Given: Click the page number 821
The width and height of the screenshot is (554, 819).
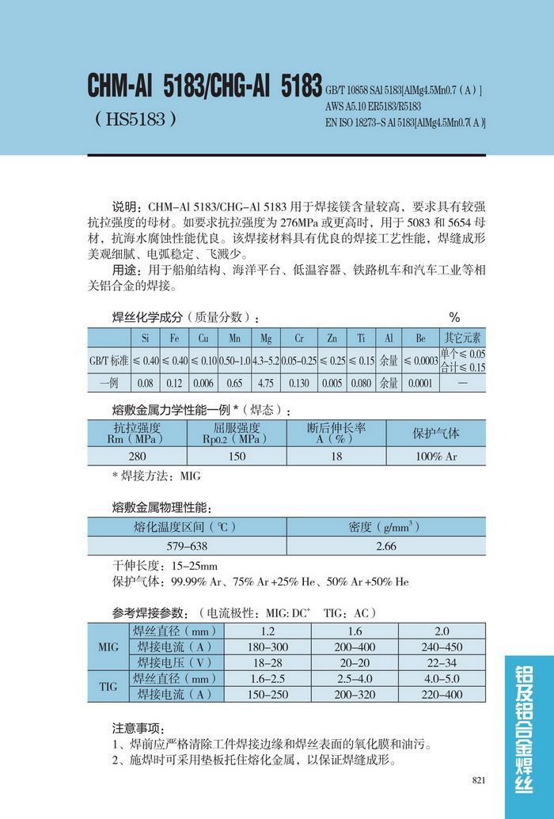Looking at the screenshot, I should [478, 780].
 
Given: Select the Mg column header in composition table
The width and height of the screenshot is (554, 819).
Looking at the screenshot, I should [265, 339].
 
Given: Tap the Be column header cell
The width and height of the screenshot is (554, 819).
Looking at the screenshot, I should [420, 339].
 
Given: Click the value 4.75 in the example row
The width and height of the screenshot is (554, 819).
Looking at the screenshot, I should [265, 383].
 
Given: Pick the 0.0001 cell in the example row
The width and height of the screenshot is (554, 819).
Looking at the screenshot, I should [420, 383].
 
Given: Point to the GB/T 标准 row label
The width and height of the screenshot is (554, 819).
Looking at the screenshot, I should [108, 361].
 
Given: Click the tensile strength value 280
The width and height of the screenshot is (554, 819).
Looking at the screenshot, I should [137, 457].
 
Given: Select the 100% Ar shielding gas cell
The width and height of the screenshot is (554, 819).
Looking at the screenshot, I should [436, 457].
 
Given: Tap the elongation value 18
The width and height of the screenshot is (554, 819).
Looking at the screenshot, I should [336, 457].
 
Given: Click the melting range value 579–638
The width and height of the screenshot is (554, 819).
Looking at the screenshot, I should [187, 546].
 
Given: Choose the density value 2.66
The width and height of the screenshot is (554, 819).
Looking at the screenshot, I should [385, 546].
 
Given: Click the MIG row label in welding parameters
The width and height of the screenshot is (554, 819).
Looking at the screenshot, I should [108, 647].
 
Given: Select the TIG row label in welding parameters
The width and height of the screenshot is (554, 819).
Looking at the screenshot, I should [108, 687].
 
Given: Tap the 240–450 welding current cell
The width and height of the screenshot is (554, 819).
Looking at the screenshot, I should [442, 646].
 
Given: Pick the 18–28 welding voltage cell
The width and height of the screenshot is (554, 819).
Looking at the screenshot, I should [268, 662].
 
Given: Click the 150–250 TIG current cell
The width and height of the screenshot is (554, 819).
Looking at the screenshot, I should [268, 694].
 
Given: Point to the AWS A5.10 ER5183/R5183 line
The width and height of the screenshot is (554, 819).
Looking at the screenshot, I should [373, 106].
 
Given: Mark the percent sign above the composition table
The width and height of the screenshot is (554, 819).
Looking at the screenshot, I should [454, 317].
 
